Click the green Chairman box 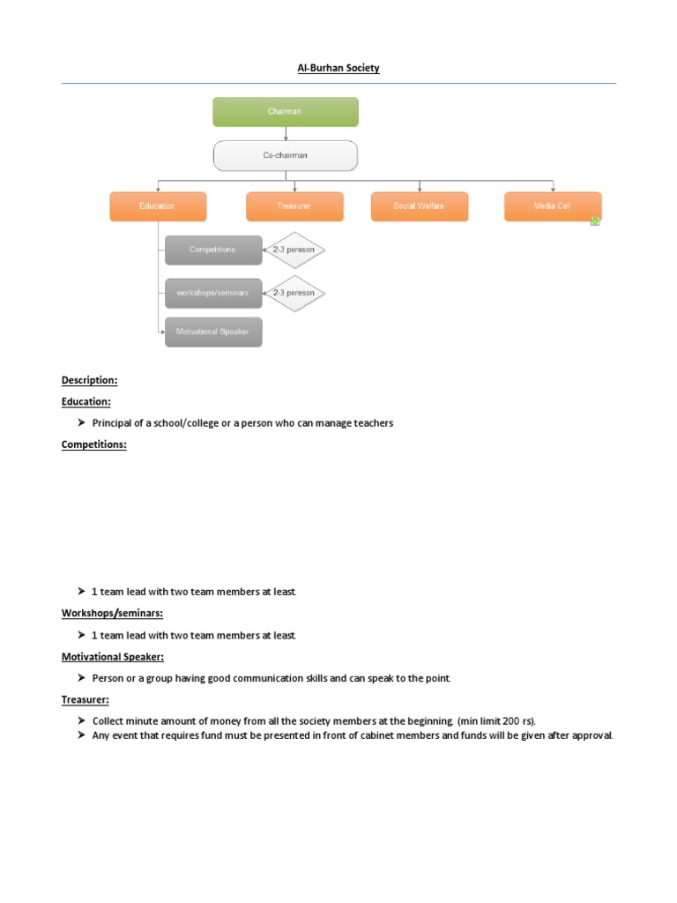(286, 112)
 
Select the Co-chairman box (286, 155)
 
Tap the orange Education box (158, 206)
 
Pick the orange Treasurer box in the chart (294, 206)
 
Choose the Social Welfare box (420, 206)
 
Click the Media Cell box (553, 206)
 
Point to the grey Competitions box (212, 250)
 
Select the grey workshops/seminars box (212, 293)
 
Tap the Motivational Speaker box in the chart (212, 332)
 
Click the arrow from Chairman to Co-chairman (286, 133)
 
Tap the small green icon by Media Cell (596, 221)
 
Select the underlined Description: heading (89, 380)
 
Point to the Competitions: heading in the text (93, 444)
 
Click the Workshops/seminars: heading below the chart (112, 613)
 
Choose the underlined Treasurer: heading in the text (85, 699)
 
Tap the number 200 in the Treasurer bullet (510, 721)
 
